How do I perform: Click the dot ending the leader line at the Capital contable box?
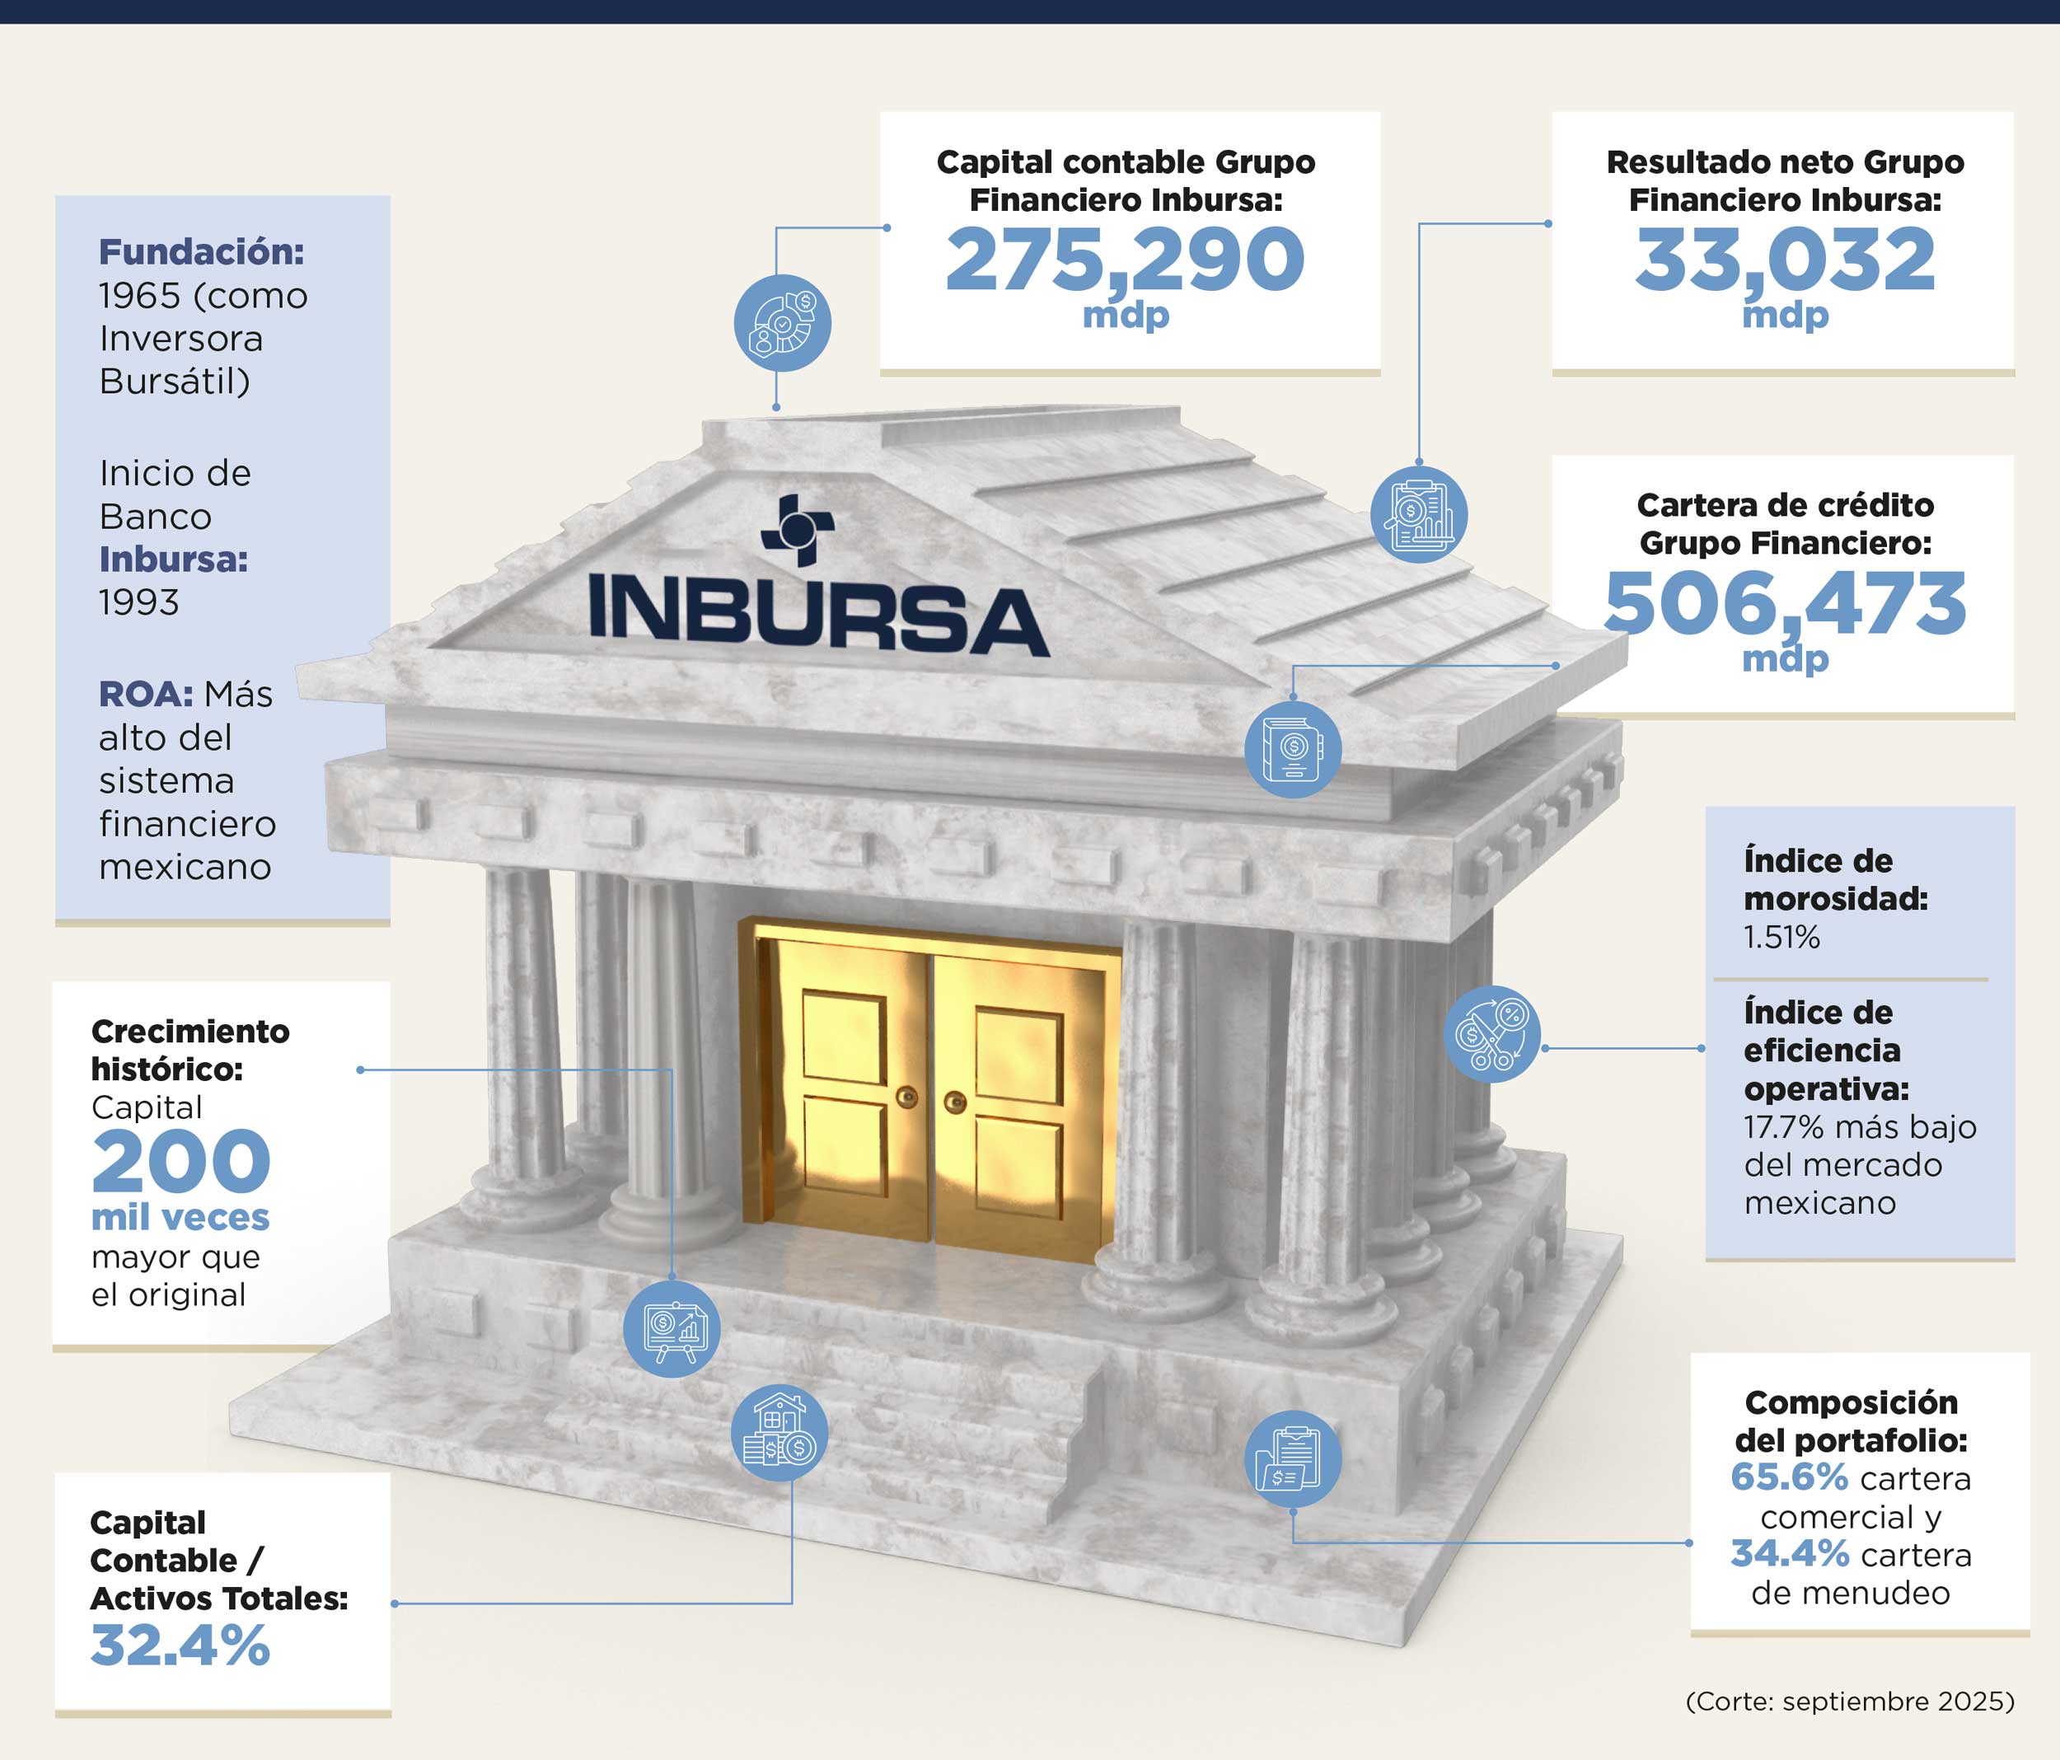click(887, 227)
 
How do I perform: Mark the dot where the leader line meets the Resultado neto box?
click(1548, 224)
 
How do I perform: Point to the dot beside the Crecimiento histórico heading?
click(360, 1070)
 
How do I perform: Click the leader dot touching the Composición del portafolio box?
click(1689, 1543)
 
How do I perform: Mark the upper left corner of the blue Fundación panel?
click(56, 196)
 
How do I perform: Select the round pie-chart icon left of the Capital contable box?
click(783, 323)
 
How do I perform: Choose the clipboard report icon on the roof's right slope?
click(1419, 514)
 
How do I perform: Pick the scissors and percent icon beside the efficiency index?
click(1491, 1034)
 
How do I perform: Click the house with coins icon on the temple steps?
click(780, 1433)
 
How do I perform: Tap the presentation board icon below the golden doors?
click(672, 1328)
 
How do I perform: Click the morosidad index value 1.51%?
click(1781, 937)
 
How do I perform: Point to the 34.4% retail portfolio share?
click(1790, 1553)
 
